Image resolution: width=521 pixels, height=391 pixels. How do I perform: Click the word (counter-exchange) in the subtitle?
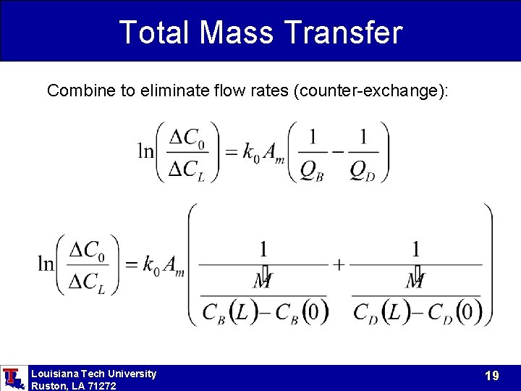368,91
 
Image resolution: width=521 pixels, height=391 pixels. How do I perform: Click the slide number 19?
492,376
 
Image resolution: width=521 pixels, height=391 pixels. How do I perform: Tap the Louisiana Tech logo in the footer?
12,378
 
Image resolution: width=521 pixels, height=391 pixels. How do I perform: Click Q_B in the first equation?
312,169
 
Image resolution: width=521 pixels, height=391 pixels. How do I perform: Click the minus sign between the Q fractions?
338,152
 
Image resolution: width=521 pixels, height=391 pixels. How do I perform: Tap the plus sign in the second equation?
339,264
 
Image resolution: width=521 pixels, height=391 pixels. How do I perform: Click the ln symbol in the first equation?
146,151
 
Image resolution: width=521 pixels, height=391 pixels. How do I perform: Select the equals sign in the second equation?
131,264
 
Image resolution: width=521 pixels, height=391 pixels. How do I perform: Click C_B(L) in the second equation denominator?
226,312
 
